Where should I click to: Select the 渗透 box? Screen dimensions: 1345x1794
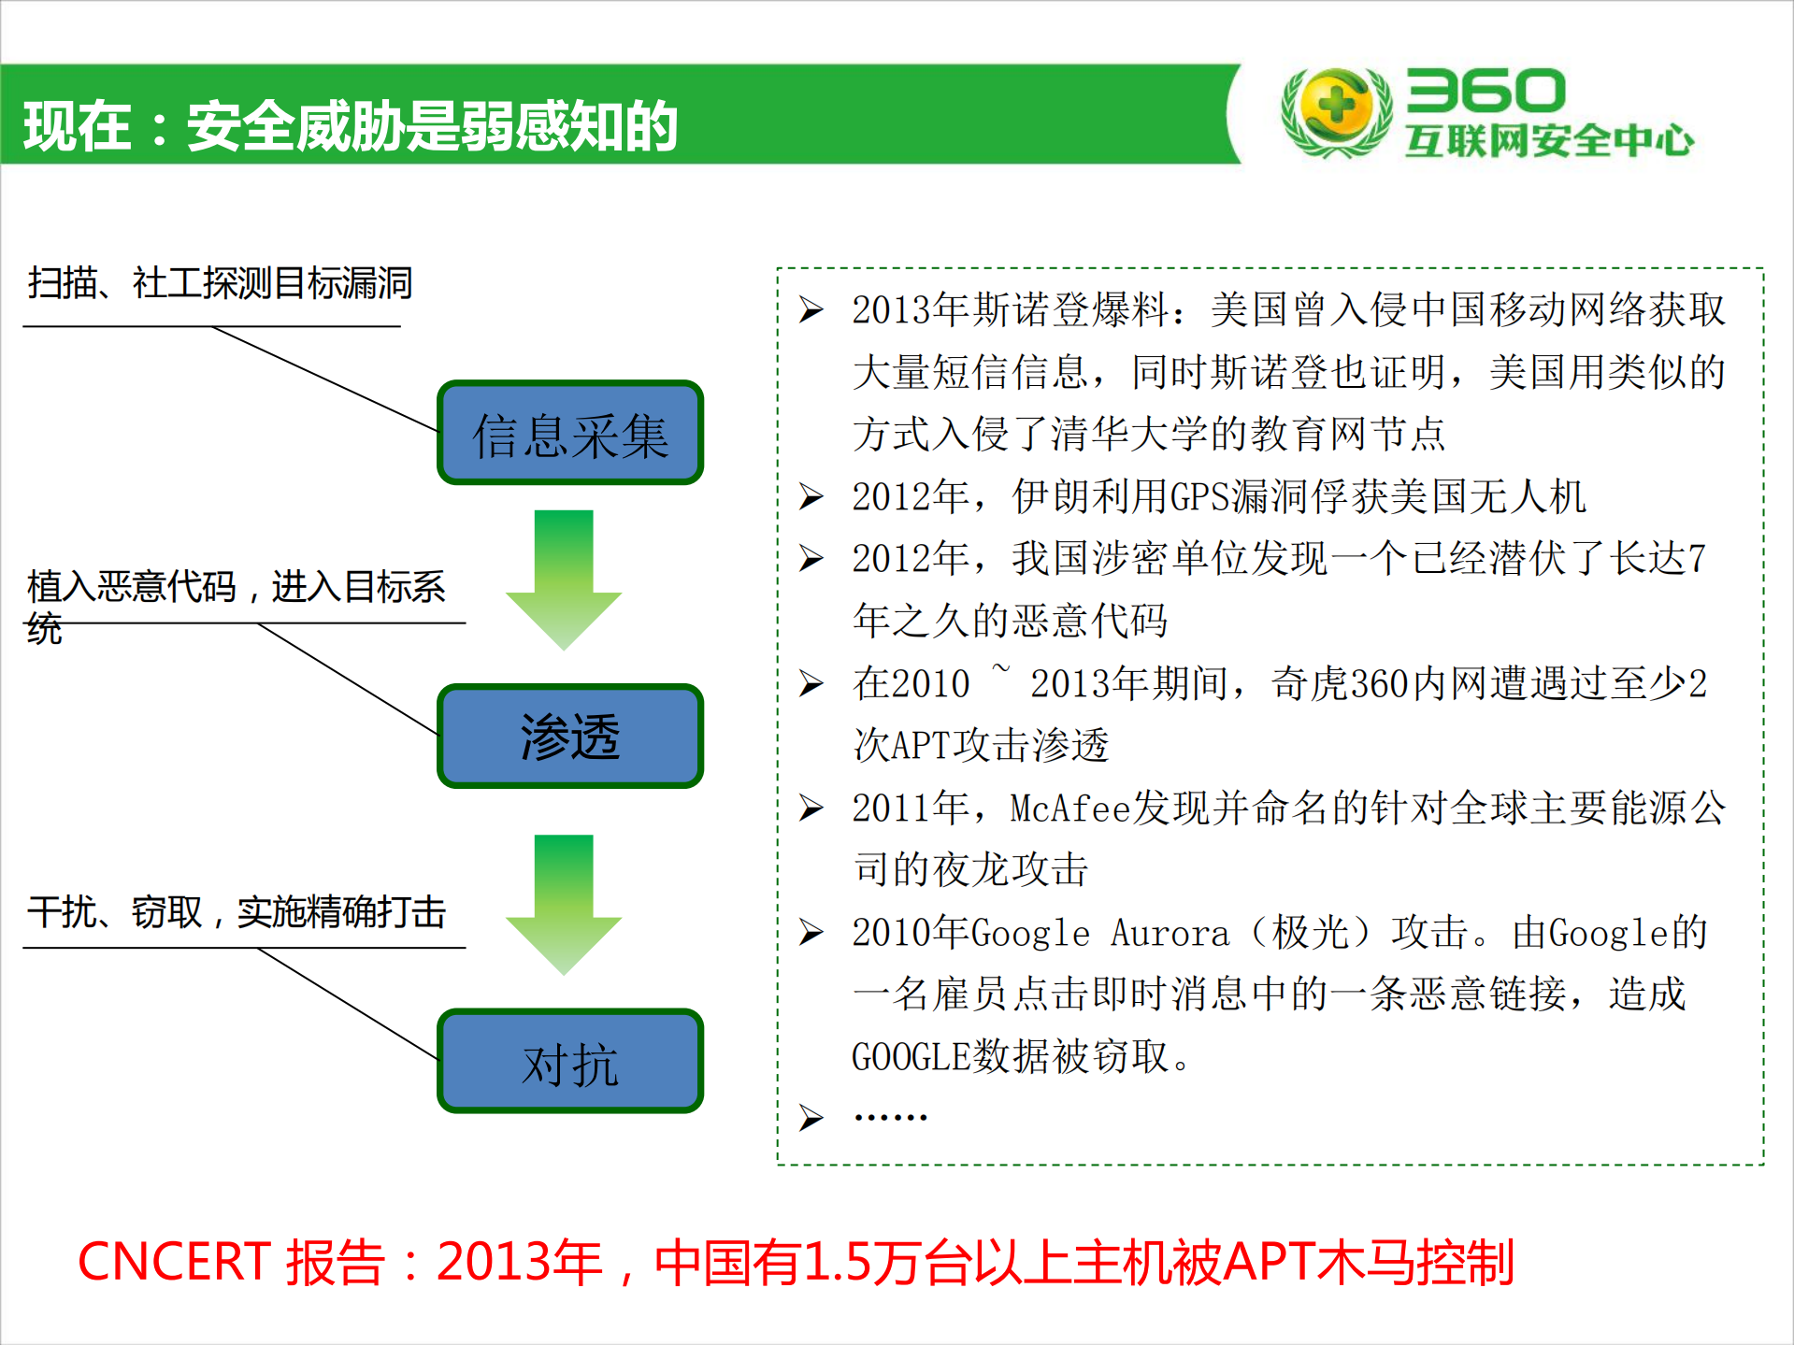[x=569, y=737]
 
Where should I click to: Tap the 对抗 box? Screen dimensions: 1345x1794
[x=569, y=1062]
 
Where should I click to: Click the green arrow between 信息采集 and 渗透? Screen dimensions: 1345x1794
[x=564, y=579]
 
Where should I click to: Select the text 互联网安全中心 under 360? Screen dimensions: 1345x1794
[x=1548, y=141]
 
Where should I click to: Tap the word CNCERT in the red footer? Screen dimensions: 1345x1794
[x=174, y=1262]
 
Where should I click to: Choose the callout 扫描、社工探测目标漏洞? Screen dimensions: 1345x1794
[x=221, y=282]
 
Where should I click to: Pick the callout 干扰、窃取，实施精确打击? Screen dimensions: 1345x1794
[x=237, y=911]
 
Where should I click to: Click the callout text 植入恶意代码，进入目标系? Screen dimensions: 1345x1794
[x=237, y=587]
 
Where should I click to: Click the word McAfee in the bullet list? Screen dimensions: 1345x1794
[x=1069, y=808]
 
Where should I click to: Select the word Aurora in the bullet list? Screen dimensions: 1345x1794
[x=1170, y=933]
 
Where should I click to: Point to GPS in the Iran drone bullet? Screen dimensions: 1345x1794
[x=1199, y=496]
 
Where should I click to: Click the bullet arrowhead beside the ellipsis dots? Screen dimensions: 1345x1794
[x=811, y=1117]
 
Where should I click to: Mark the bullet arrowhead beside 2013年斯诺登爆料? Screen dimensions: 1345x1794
[x=811, y=309]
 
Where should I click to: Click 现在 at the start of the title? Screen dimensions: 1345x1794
[x=77, y=126]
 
